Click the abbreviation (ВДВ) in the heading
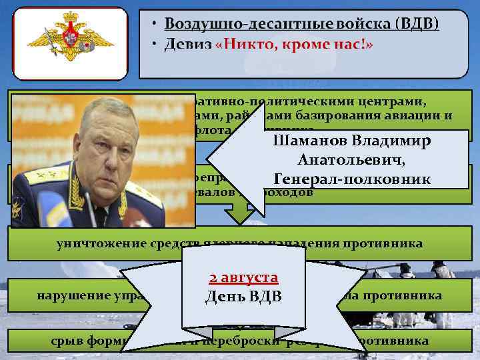pos(417,24)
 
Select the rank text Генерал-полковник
pos(351,179)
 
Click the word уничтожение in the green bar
pos(94,243)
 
